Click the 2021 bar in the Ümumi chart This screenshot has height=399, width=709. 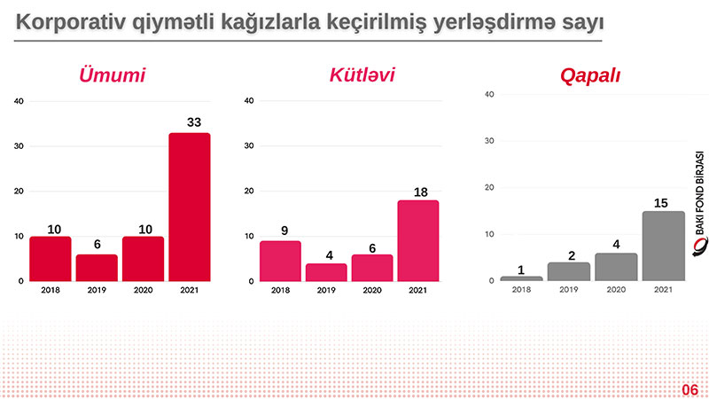point(189,207)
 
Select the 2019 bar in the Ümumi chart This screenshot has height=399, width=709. point(97,268)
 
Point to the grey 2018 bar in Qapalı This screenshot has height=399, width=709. point(521,278)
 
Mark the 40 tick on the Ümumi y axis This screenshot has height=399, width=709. point(19,101)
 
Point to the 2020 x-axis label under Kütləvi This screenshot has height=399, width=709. point(373,291)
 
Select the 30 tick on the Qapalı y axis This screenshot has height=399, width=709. point(489,141)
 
